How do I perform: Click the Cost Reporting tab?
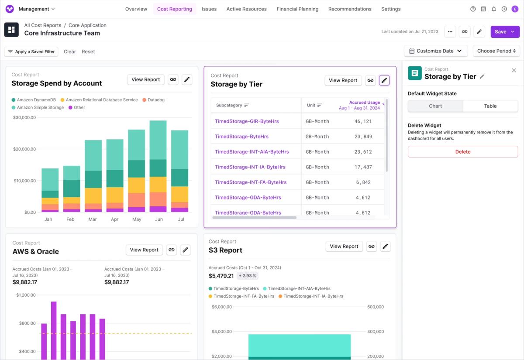[175, 9]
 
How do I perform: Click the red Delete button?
[463, 152]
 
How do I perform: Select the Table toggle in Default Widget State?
[490, 106]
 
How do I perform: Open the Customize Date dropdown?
[436, 51]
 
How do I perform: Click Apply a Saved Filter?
[31, 51]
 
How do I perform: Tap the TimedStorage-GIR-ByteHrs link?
[247, 121]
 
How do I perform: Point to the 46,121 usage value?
[363, 121]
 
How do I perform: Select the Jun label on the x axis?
[159, 219]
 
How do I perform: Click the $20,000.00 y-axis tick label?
[24, 149]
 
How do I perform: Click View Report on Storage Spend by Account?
[146, 79]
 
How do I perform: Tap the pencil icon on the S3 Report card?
[385, 247]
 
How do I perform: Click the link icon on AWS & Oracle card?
[172, 250]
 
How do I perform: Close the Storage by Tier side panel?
[514, 70]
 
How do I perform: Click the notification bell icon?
[493, 9]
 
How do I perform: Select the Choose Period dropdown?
[496, 51]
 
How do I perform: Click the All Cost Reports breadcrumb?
[43, 25]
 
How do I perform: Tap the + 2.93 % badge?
[248, 276]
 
